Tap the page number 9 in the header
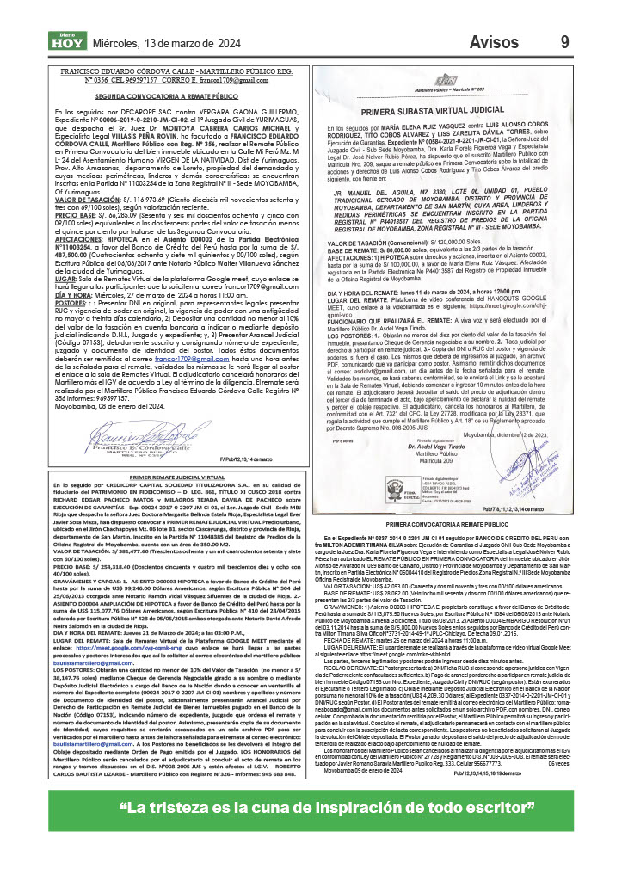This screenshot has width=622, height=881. click(563, 42)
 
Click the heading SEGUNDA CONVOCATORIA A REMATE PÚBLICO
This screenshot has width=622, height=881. click(177, 98)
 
